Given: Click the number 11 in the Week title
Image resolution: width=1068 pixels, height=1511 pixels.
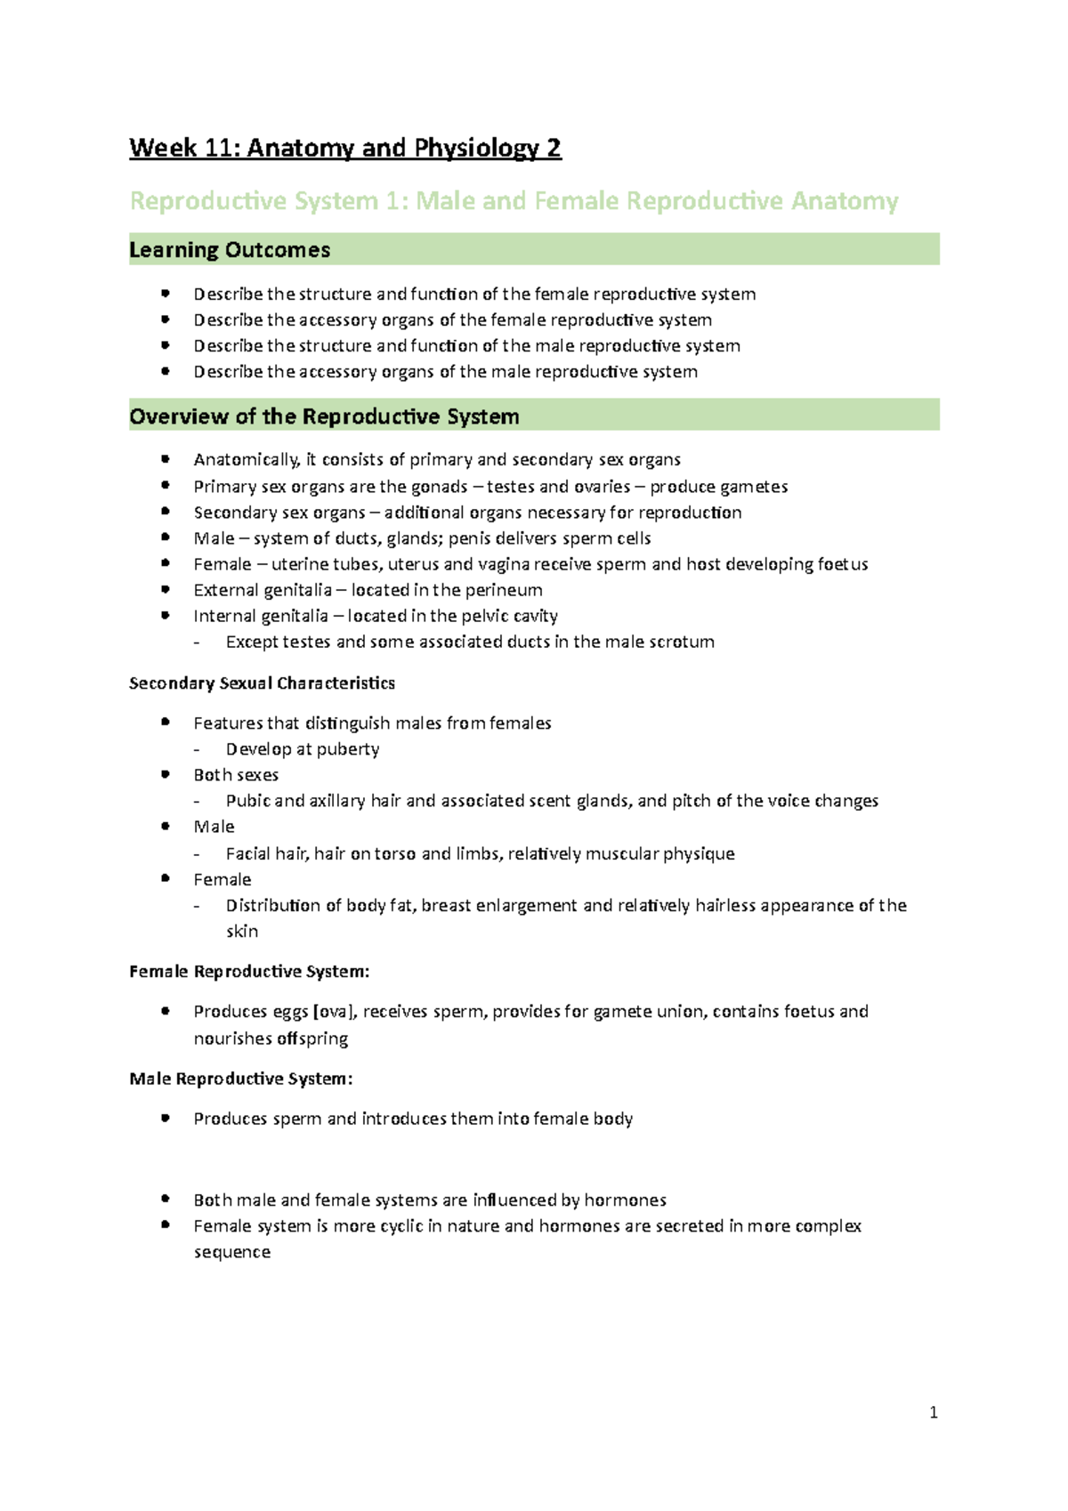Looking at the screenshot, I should click(x=220, y=148).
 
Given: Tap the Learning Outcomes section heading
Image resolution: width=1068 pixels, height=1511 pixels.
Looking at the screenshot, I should click(x=230, y=250).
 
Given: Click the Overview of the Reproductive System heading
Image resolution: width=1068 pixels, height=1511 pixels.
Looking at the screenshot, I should click(x=324, y=416).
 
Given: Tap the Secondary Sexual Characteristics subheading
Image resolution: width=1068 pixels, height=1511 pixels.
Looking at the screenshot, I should click(x=262, y=683).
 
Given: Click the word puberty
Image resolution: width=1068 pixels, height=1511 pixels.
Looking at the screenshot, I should click(x=348, y=749).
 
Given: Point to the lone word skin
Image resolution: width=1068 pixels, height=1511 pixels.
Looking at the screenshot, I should click(x=242, y=932).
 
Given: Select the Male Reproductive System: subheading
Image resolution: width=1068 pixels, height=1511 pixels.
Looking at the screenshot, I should click(x=241, y=1079).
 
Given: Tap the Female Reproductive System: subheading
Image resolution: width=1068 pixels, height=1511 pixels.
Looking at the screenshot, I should click(x=249, y=971).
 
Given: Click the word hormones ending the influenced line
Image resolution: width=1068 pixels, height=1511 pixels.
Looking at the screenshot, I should click(x=625, y=1200).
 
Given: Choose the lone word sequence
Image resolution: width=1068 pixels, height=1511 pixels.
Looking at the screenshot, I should click(x=232, y=1252).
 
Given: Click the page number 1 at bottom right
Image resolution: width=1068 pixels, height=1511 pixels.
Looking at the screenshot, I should click(x=933, y=1412).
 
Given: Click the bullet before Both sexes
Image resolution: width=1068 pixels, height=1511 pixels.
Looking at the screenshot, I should click(x=165, y=775).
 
